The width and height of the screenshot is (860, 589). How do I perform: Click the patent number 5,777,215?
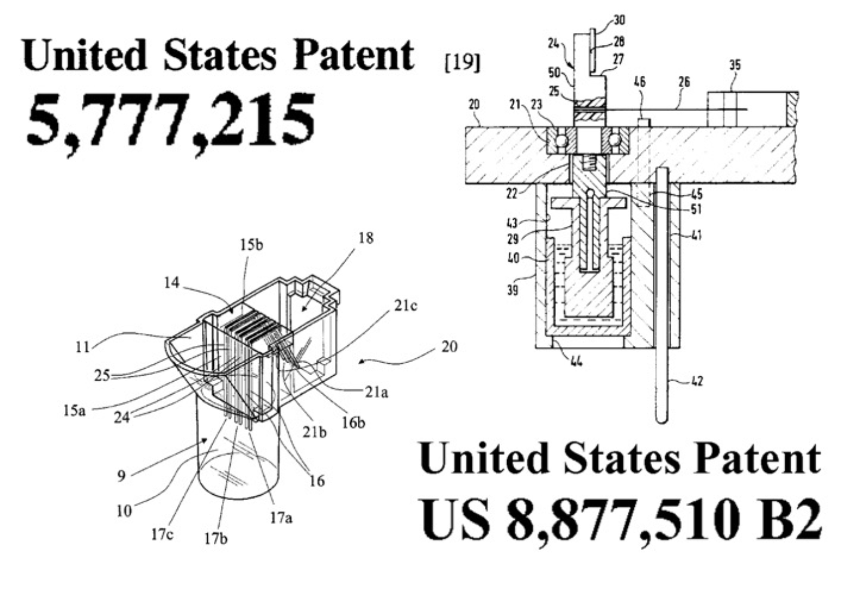171,124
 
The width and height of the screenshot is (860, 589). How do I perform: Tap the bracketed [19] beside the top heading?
462,63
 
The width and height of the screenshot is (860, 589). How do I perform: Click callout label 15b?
252,244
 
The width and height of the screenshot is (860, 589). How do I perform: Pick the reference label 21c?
406,306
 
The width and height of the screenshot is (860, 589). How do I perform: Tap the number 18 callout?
366,238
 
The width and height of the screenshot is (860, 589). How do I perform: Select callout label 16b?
353,422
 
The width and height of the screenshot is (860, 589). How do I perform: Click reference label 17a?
281,518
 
